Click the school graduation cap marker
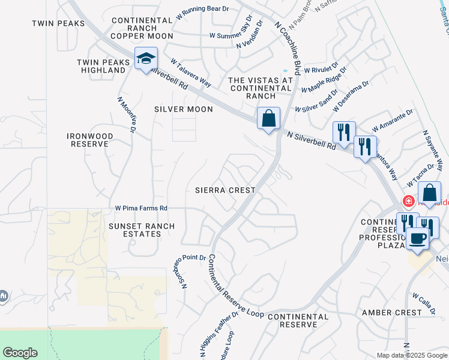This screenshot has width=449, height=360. click(146, 59)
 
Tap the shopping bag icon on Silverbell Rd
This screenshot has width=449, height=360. click(268, 117)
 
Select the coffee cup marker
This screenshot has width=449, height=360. click(418, 238)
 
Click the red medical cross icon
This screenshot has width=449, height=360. click(409, 201)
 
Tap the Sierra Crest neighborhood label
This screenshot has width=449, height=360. click(225, 190)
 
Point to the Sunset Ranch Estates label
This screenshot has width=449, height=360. click(142, 230)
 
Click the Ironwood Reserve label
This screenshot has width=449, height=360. click(89, 140)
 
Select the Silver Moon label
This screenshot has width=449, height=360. click(184, 109)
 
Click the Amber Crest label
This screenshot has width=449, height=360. click(392, 313)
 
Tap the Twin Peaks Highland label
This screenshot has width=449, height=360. click(101, 66)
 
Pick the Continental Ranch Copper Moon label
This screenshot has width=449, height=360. click(142, 28)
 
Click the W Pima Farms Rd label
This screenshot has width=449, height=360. click(141, 208)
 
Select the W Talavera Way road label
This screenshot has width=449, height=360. click(191, 72)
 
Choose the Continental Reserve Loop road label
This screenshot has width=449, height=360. click(235, 286)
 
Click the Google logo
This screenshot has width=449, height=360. click(20, 353)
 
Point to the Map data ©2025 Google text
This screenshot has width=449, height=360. click(411, 355)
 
